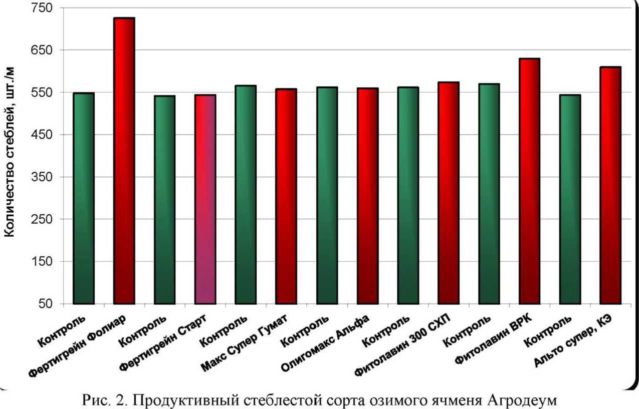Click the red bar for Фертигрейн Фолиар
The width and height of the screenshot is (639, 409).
click(124, 160)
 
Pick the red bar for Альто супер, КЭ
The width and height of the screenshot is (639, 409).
click(610, 185)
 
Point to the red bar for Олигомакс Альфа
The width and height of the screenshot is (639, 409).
click(367, 196)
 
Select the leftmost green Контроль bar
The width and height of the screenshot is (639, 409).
click(83, 198)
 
